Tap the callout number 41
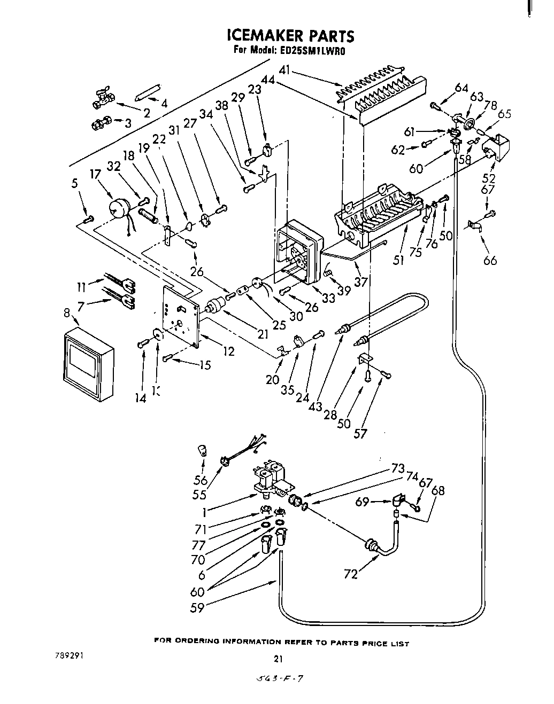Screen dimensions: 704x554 pyautogui.click(x=284, y=69)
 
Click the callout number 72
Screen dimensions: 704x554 pyautogui.click(x=351, y=574)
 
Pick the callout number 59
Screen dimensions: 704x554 pyautogui.click(x=197, y=607)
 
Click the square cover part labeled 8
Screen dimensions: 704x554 pyautogui.click(x=88, y=364)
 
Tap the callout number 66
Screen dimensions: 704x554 pyautogui.click(x=490, y=260)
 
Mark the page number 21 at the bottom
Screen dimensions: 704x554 pyautogui.click(x=278, y=660)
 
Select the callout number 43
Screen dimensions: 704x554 pyautogui.click(x=314, y=406)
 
